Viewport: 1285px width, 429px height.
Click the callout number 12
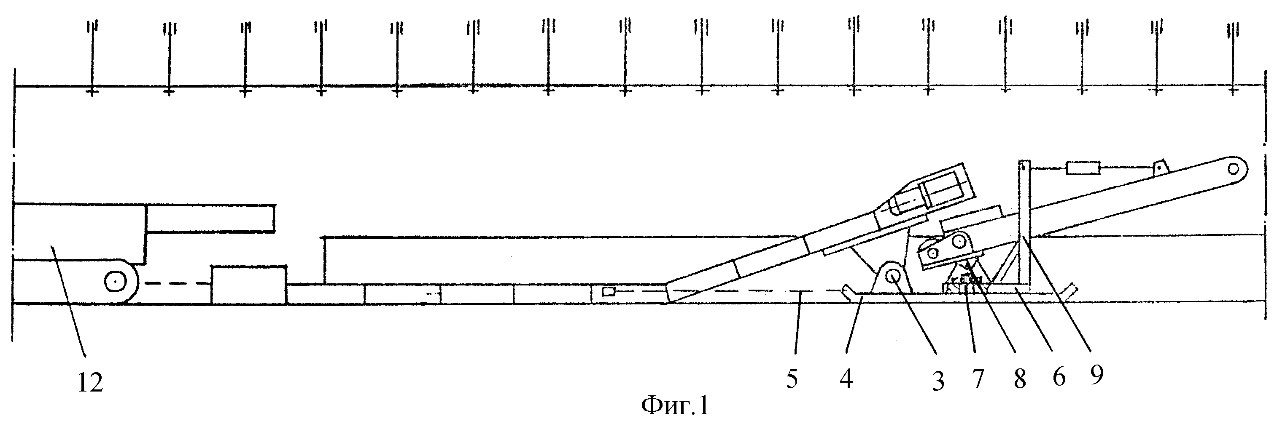[x=90, y=383]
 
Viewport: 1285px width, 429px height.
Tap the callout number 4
[x=846, y=380]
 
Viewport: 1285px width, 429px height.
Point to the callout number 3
[x=938, y=382]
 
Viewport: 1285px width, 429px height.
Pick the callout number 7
[x=977, y=380]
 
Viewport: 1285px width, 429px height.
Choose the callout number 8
[x=1020, y=380]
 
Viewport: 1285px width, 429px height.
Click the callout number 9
[x=1096, y=375]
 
